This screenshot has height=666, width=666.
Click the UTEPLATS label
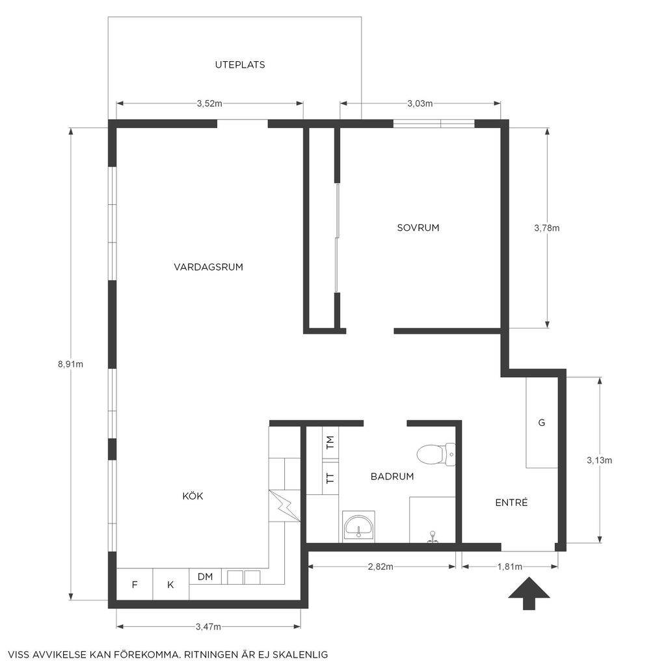pyautogui.click(x=240, y=64)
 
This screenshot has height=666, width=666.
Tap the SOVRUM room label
pyautogui.click(x=418, y=228)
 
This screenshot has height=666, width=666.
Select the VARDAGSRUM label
pyautogui.click(x=208, y=267)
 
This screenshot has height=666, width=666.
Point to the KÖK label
pyautogui.click(x=193, y=495)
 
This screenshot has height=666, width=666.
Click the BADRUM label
pyautogui.click(x=392, y=477)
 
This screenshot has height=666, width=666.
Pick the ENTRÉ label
pyautogui.click(x=511, y=503)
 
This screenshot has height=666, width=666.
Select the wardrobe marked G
pyautogui.click(x=542, y=423)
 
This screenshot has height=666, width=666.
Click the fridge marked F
pyautogui.click(x=135, y=585)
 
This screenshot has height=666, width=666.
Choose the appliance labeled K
pyautogui.click(x=170, y=585)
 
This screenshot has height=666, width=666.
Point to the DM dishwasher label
pyautogui.click(x=205, y=577)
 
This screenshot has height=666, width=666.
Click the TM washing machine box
pyautogui.click(x=330, y=443)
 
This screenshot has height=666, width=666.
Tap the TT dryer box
pyautogui.click(x=330, y=478)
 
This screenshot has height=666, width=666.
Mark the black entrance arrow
pyautogui.click(x=529, y=593)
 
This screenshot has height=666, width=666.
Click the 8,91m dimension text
pyautogui.click(x=70, y=364)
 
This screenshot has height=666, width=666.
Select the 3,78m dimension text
pyautogui.click(x=546, y=228)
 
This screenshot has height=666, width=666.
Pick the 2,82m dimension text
pyautogui.click(x=380, y=566)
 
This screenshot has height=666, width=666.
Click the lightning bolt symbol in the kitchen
pyautogui.click(x=285, y=506)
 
